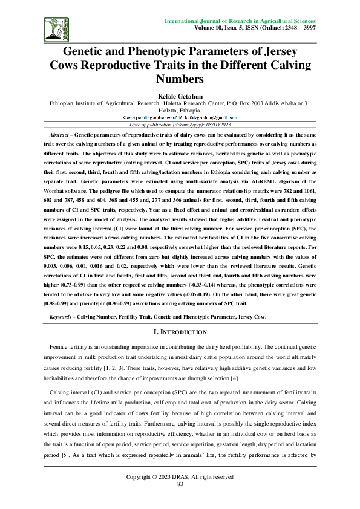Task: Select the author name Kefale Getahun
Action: [x=180, y=96]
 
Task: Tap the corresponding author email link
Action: [x=180, y=117]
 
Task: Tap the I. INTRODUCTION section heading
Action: [x=180, y=332]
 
